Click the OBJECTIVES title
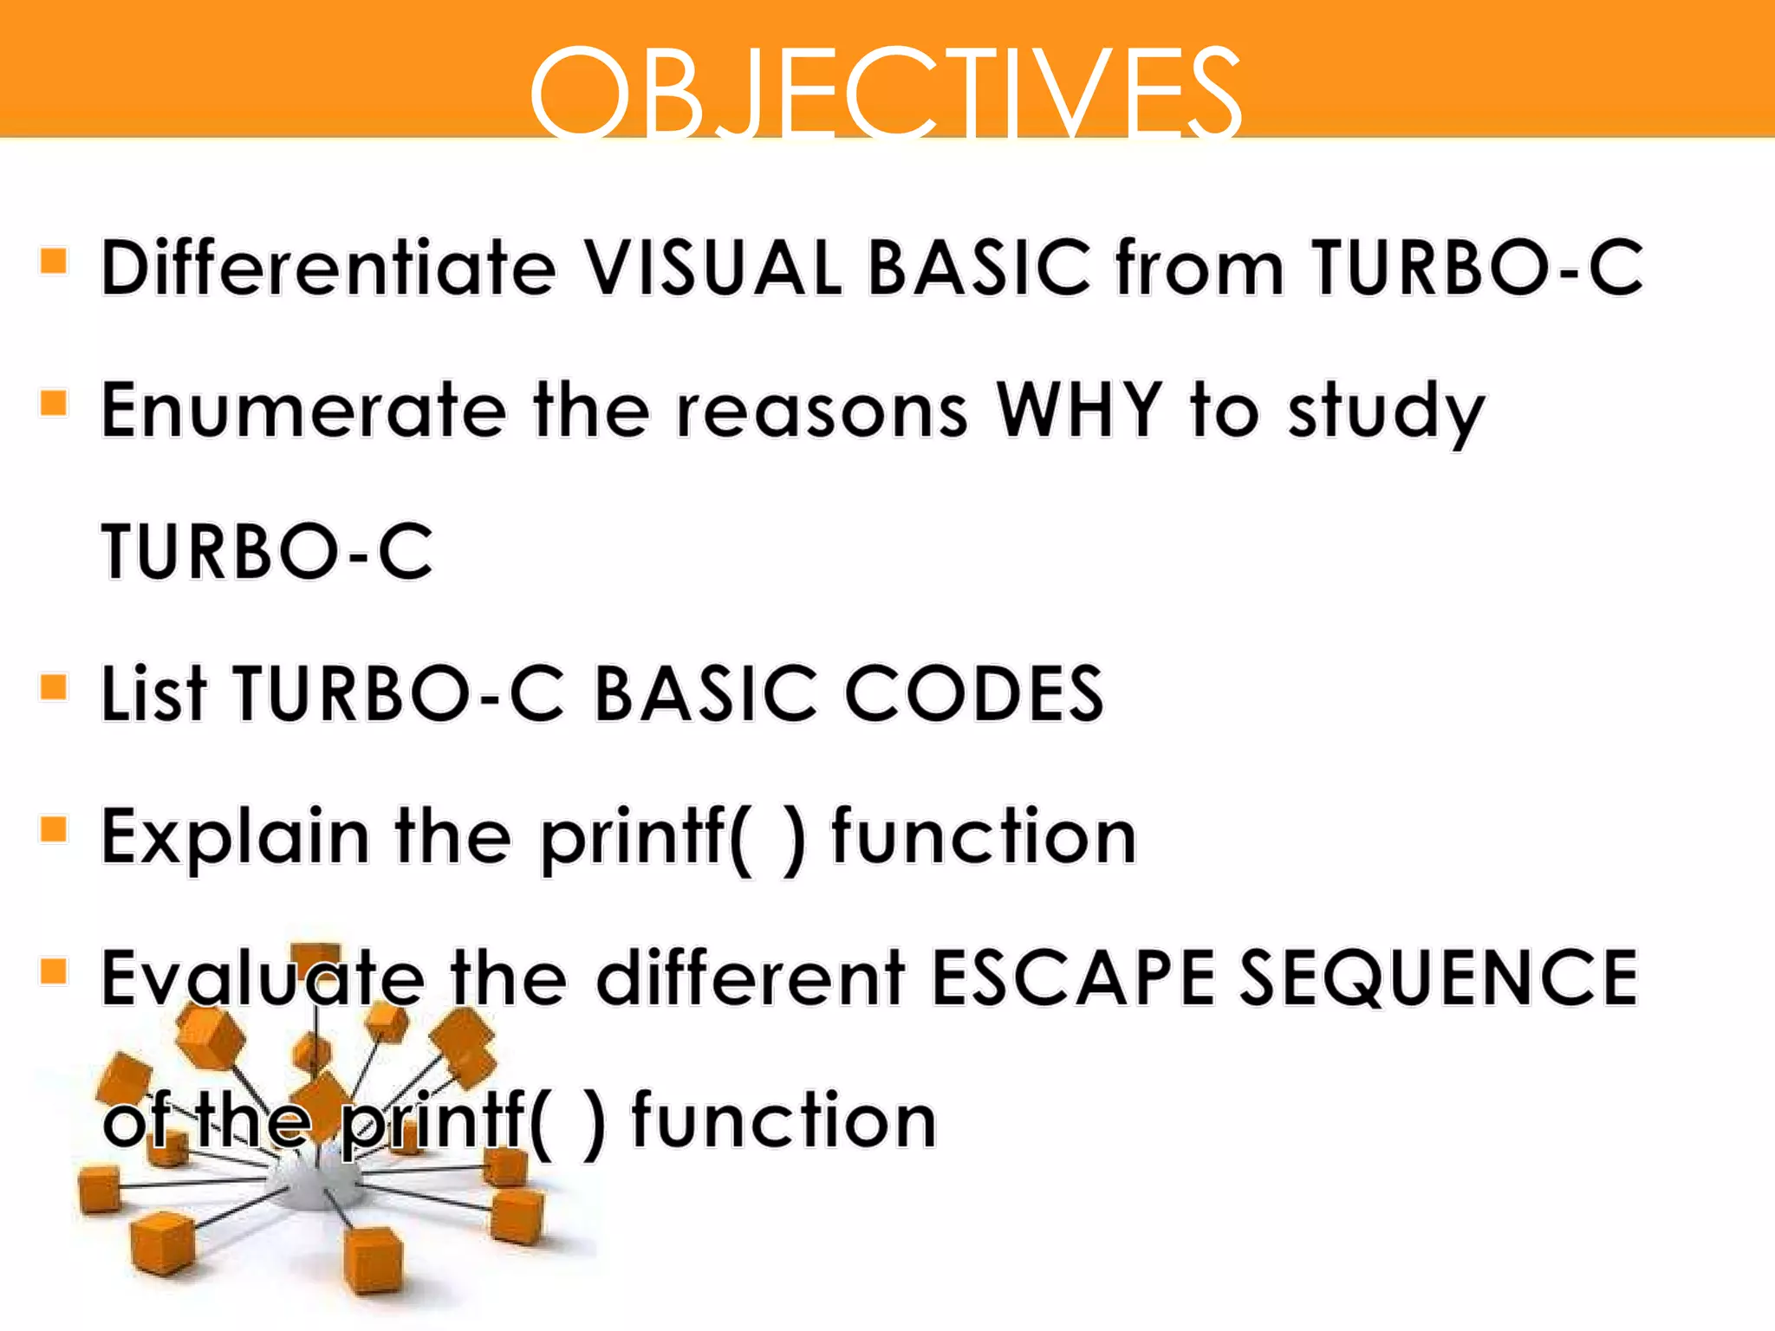886,92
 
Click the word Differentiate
328,267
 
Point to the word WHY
1079,410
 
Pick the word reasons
822,412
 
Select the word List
153,693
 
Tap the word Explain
234,837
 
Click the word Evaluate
263,977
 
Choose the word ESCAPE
1073,977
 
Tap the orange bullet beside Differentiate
54,260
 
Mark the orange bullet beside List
54,687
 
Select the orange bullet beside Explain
54,829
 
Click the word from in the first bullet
1200,267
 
